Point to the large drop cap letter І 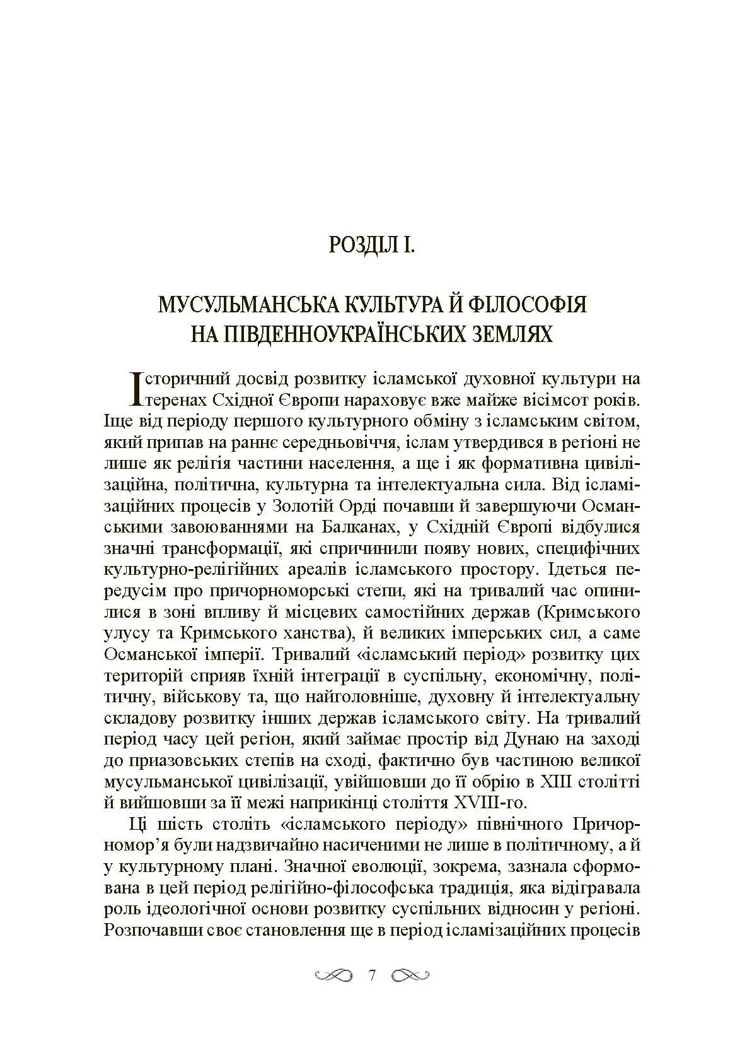pos(134,389)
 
